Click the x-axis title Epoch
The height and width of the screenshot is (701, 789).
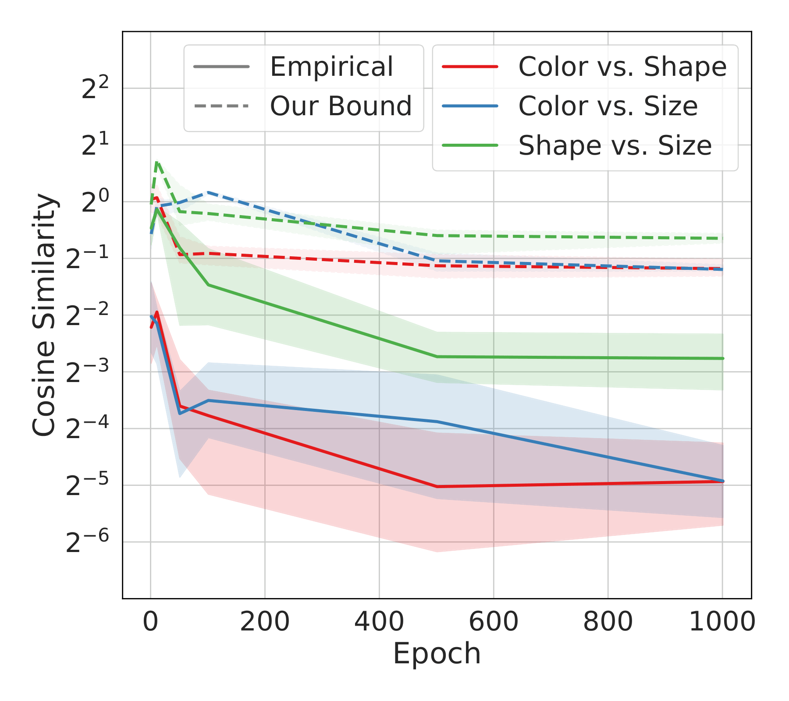point(437,654)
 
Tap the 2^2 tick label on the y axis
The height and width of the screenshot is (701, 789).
point(95,89)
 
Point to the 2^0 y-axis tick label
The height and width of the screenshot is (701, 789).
point(95,203)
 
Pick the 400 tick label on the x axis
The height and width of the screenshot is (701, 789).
point(379,621)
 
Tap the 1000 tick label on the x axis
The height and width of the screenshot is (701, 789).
point(722,621)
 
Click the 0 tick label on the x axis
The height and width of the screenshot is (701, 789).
point(150,621)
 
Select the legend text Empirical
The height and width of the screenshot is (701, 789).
point(331,67)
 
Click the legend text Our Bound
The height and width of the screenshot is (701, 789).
point(341,106)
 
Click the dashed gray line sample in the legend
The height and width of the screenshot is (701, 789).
point(221,106)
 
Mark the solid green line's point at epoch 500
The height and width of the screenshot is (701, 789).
point(437,357)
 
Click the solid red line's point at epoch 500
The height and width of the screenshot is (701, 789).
point(437,486)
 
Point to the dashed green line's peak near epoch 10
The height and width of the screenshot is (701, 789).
point(157,161)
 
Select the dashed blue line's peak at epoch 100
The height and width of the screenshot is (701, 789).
point(208,192)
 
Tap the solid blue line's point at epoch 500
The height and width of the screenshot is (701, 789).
point(437,422)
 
